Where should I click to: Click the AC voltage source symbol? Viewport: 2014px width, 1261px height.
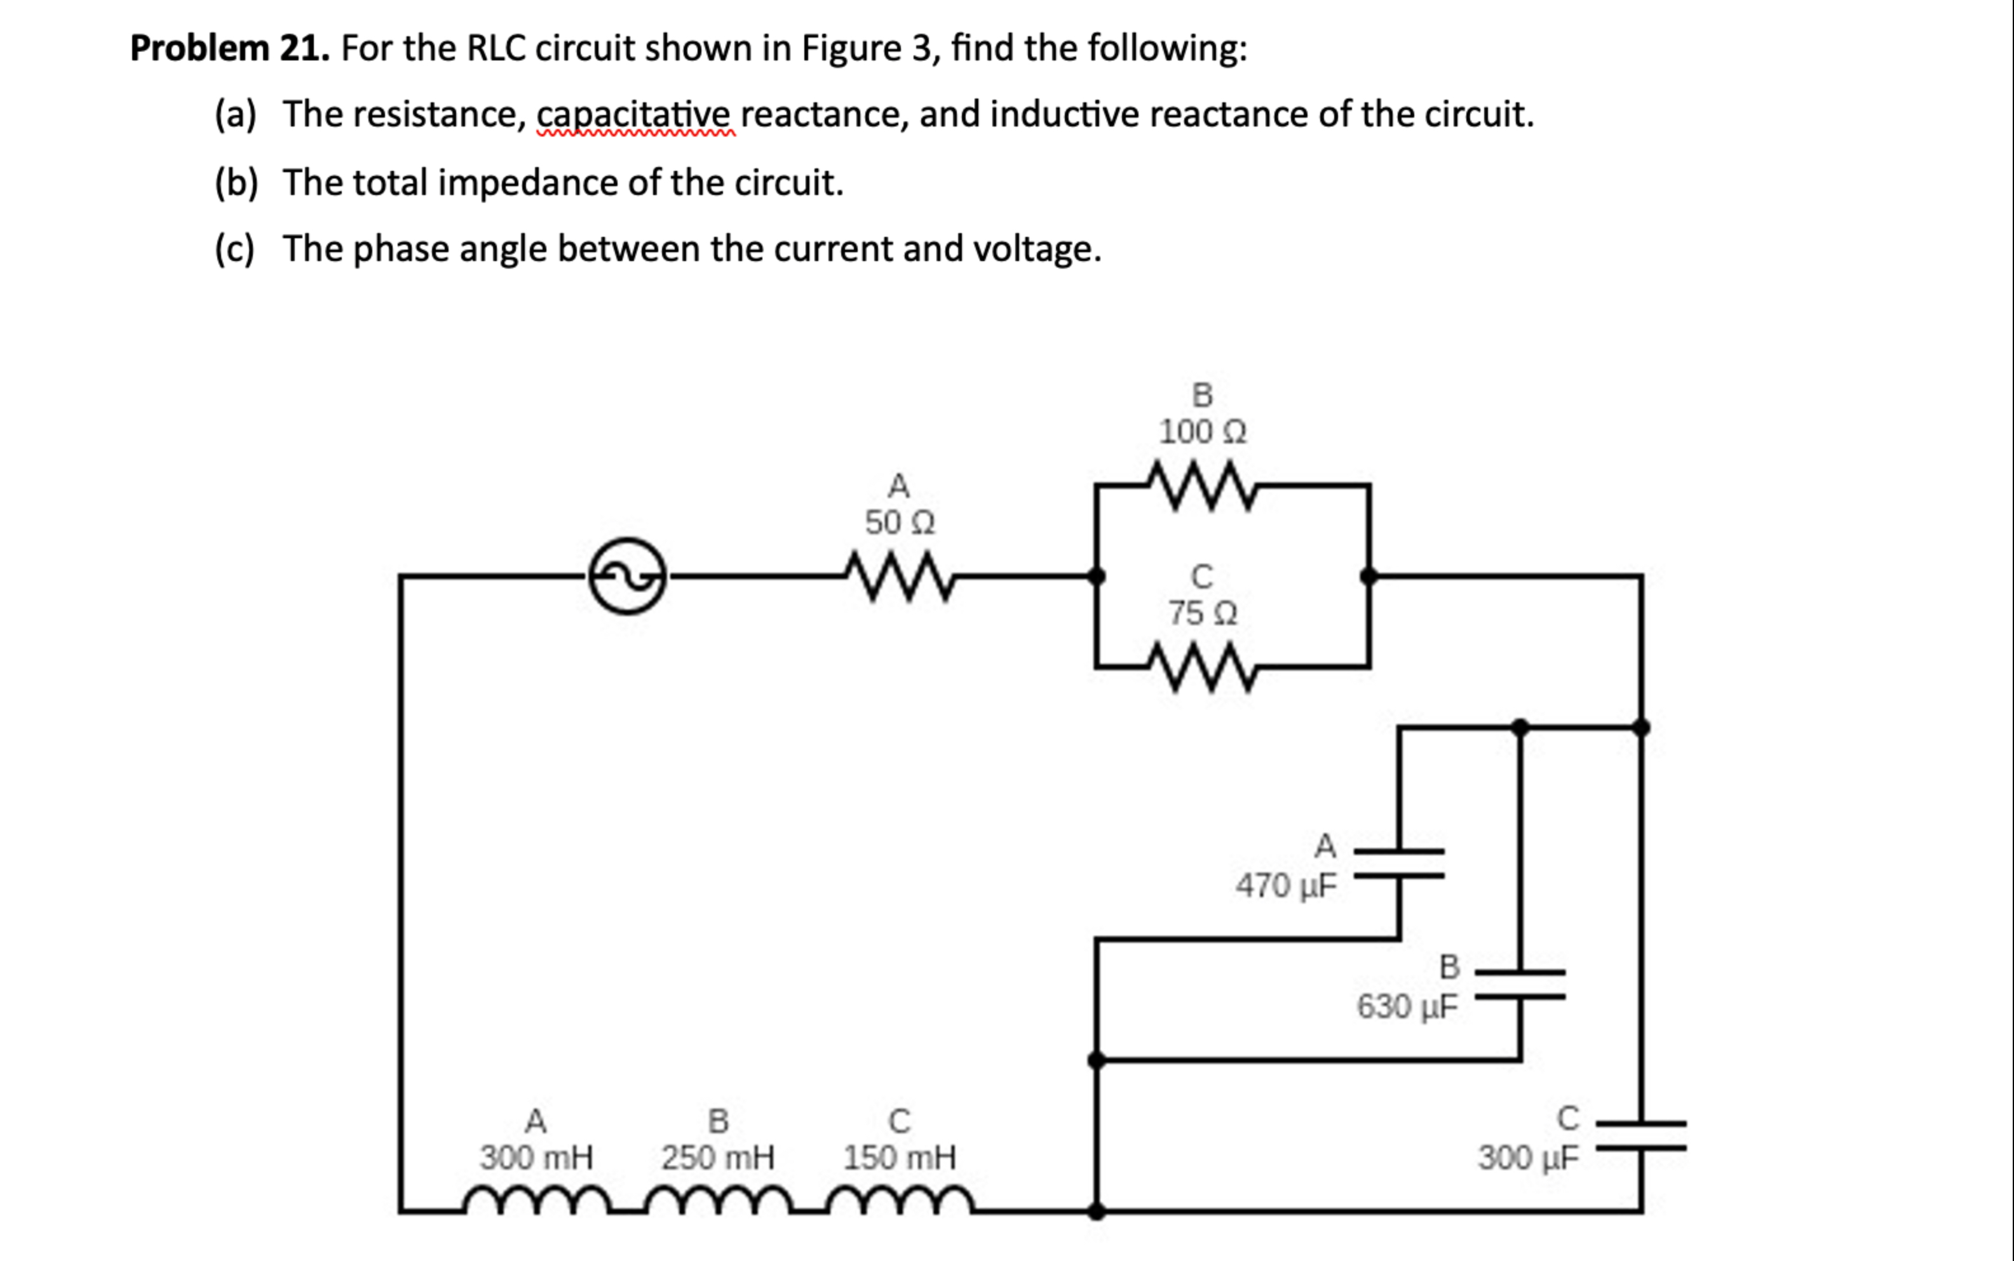pos(628,575)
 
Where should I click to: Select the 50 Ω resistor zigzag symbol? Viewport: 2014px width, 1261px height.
pos(898,575)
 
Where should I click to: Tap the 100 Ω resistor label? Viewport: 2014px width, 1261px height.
pos(1202,432)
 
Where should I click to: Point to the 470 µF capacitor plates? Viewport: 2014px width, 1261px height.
pos(1399,864)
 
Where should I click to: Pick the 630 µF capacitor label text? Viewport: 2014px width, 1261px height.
pos(1407,1006)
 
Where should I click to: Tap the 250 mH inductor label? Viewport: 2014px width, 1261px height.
pos(717,1158)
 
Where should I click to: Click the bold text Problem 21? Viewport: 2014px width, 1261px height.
pos(230,48)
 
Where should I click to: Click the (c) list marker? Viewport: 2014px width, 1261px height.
pos(234,248)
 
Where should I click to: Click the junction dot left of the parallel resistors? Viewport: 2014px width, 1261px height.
pos(1097,575)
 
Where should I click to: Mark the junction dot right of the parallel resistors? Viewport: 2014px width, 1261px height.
pos(1369,575)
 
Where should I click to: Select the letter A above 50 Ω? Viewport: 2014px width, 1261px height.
pos(898,485)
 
